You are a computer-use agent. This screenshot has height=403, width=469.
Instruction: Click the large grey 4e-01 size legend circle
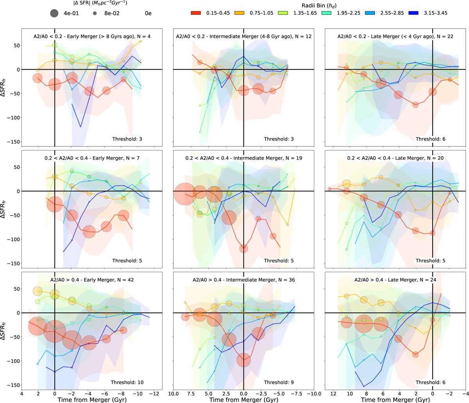pos(54,13)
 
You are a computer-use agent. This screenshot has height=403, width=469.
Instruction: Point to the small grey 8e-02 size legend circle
pos(95,13)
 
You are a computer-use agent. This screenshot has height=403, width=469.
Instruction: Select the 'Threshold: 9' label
pos(279,382)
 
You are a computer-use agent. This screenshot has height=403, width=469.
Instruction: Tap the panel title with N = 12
pos(243,36)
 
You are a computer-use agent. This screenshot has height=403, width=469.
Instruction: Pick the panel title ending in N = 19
pos(243,158)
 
